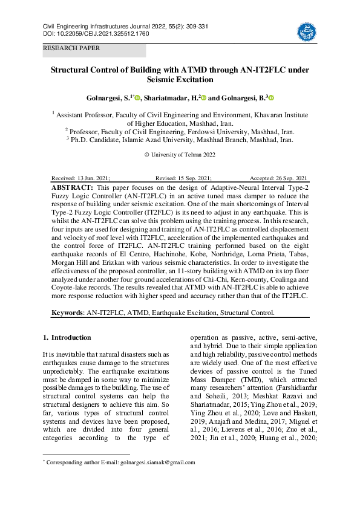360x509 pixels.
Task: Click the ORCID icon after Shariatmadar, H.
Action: point(204,97)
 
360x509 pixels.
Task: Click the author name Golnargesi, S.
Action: point(108,97)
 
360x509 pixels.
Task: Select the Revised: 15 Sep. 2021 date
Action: point(183,179)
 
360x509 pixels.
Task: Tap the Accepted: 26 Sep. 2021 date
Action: point(278,179)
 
